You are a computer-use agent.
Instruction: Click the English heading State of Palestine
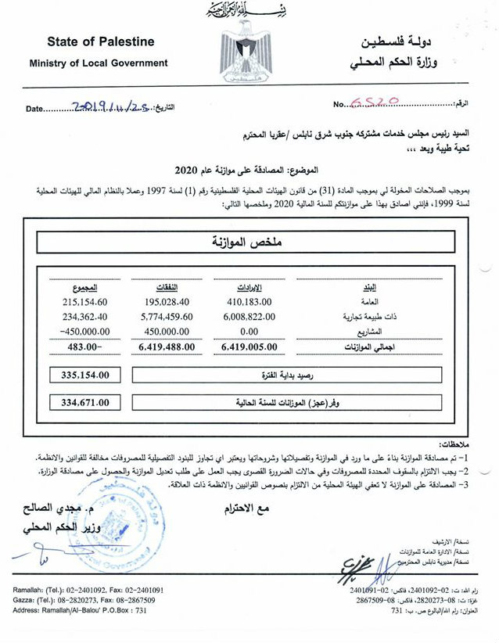tap(100, 41)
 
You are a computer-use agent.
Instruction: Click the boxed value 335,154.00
tap(84, 375)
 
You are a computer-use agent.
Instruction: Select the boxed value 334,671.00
tap(84, 403)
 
